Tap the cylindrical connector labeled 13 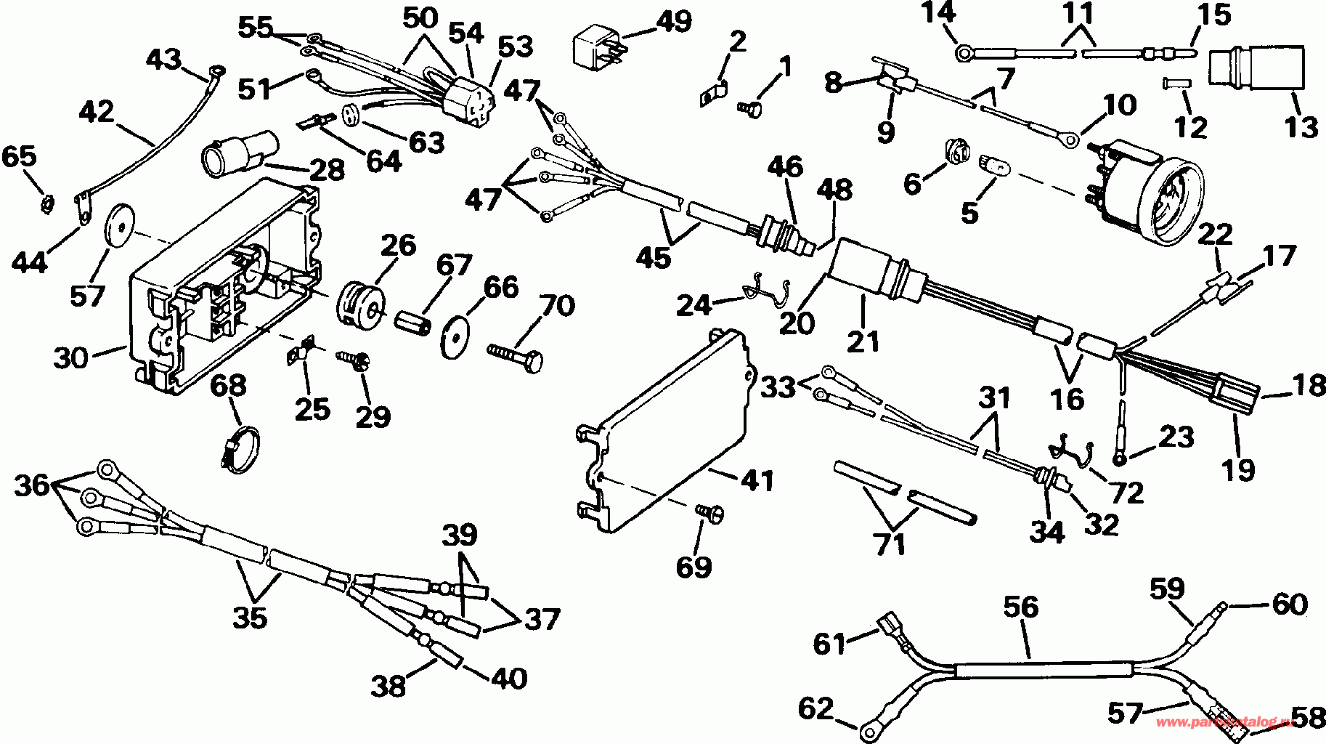1256,72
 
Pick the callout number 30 70,357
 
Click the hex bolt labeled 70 515,355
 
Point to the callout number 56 1021,607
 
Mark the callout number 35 250,617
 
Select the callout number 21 863,341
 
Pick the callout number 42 97,113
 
